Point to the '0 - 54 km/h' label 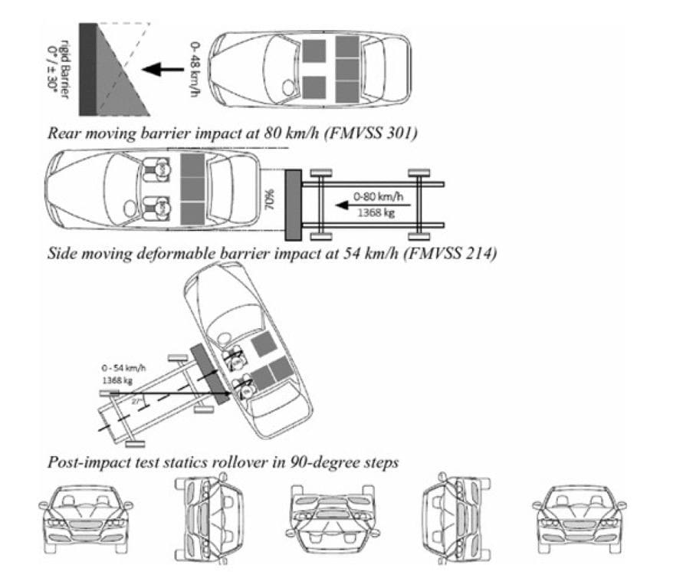click(x=124, y=366)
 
